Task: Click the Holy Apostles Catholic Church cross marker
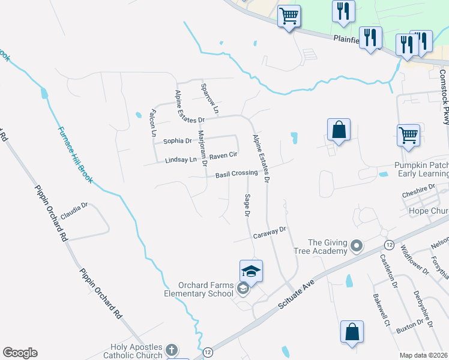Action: coord(172,350)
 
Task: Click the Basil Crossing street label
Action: coord(237,174)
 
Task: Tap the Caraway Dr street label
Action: coord(271,232)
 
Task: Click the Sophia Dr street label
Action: coord(177,142)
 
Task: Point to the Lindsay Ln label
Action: coord(181,160)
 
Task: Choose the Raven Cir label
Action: coord(224,154)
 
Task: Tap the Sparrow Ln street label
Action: coord(208,98)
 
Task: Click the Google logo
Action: coord(20,353)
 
